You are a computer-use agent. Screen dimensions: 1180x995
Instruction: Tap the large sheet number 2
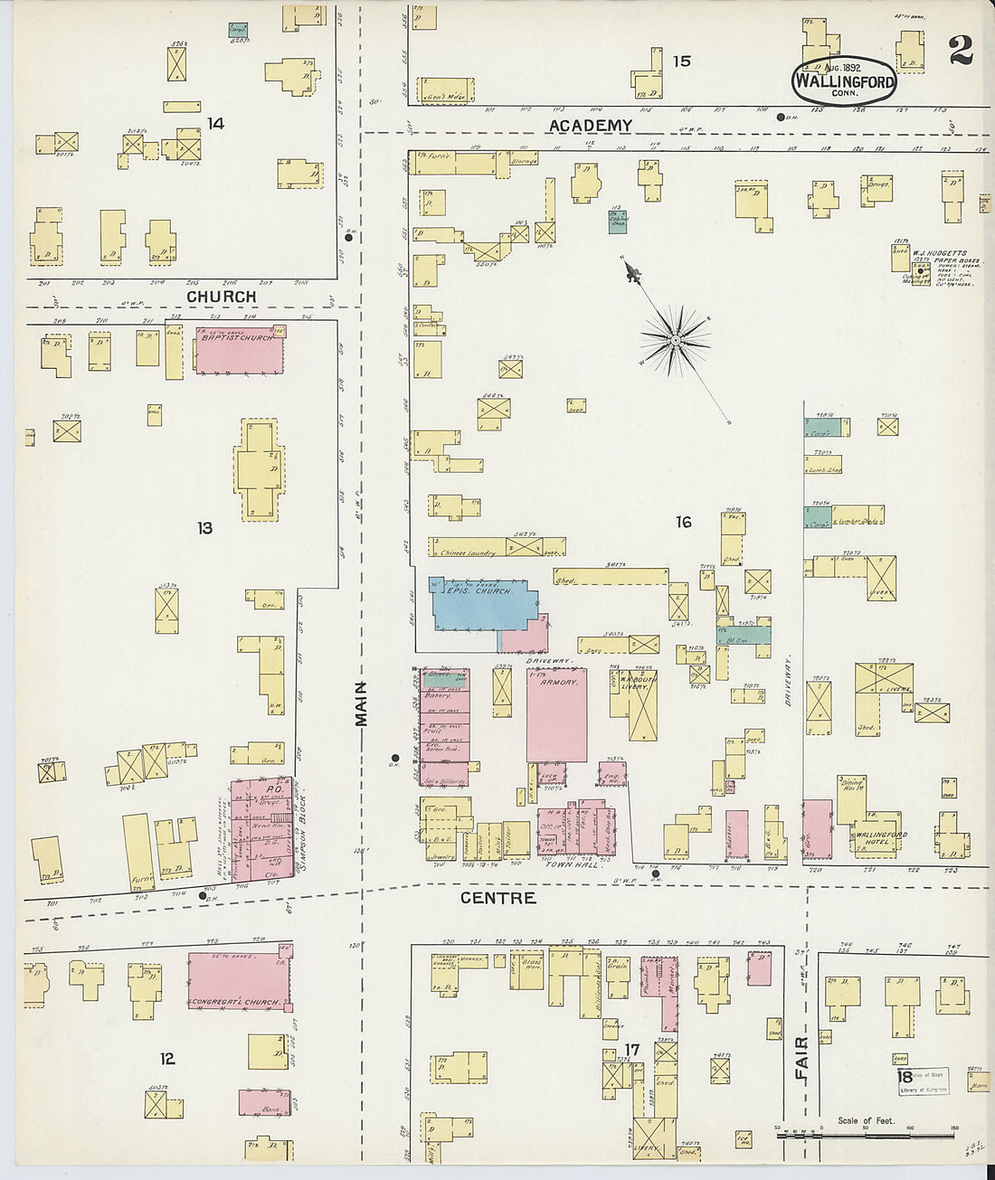point(961,52)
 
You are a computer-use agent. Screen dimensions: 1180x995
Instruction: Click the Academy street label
point(590,126)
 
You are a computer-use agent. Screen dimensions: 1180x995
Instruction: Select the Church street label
point(221,297)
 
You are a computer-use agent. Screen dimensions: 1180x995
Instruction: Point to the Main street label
point(362,704)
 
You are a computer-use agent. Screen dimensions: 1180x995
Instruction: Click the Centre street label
point(497,898)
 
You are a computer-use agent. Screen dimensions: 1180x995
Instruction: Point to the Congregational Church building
point(240,982)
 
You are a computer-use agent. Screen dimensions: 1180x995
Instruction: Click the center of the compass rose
point(674,341)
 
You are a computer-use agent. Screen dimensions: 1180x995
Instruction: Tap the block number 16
point(683,522)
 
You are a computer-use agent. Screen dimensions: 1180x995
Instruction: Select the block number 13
point(205,527)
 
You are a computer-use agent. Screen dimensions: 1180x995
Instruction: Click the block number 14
point(215,123)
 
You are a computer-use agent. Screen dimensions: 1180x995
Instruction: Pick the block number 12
point(167,1059)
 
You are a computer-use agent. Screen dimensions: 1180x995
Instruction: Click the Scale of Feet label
point(865,1120)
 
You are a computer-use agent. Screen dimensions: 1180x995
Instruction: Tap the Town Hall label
point(572,865)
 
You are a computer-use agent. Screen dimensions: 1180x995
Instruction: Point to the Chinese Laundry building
point(468,552)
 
